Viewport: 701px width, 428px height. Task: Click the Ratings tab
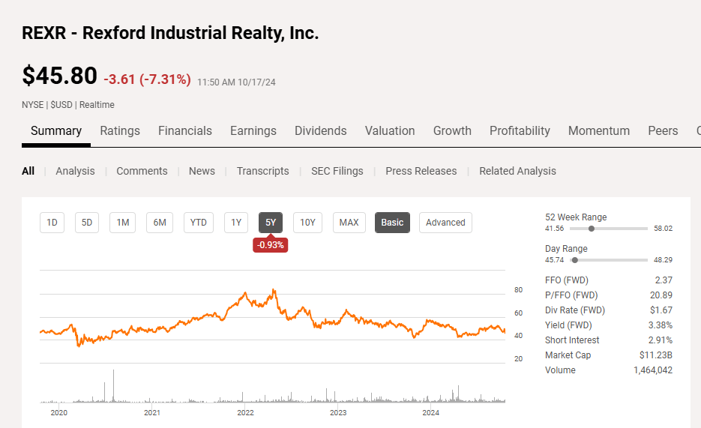coord(120,130)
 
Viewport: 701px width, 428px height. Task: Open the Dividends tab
coord(320,130)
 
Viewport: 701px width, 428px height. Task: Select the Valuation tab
coord(390,130)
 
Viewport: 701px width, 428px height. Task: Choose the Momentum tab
coord(599,130)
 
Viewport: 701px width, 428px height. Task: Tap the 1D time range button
coord(52,222)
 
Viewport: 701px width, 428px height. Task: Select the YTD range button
coord(199,222)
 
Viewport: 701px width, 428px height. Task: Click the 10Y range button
coord(307,222)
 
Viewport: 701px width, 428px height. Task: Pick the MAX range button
coord(349,222)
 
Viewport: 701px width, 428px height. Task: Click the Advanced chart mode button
coord(445,222)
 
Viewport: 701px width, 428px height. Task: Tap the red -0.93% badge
coord(271,245)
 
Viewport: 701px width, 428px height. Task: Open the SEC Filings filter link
coord(337,171)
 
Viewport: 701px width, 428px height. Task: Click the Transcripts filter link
coord(263,171)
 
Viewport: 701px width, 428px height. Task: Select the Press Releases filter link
coord(421,171)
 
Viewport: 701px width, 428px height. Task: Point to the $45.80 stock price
coord(60,76)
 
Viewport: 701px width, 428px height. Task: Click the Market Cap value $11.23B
coord(656,355)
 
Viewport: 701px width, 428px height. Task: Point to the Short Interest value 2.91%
coord(661,340)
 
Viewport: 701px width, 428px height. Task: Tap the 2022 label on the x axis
coord(245,412)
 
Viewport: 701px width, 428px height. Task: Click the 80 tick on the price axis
coord(518,290)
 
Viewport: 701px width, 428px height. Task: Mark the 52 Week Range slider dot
coord(592,228)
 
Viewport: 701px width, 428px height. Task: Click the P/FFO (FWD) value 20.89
coord(660,295)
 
